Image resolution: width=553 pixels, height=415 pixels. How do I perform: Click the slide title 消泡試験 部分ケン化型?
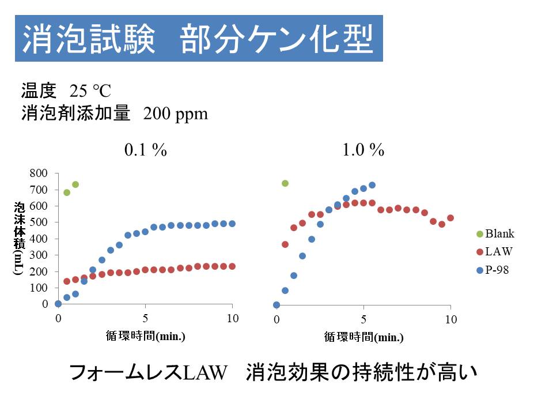point(198,39)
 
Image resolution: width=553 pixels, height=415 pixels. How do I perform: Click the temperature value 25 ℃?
point(90,91)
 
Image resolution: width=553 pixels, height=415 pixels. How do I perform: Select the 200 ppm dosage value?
point(175,114)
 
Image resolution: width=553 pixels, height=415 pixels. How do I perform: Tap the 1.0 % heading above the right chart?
point(363,150)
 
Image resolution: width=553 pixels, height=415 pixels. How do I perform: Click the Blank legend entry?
point(499,233)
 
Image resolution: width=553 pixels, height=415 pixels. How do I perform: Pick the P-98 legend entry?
point(497,269)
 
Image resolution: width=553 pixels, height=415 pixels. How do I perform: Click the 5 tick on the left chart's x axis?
point(145,318)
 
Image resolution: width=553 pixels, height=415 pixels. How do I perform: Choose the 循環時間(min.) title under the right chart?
point(363,337)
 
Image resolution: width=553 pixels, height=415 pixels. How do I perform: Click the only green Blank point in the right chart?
point(285,183)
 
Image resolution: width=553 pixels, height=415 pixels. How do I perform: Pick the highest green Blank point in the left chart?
point(75,184)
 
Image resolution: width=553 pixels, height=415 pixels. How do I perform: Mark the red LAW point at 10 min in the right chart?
point(450,218)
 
